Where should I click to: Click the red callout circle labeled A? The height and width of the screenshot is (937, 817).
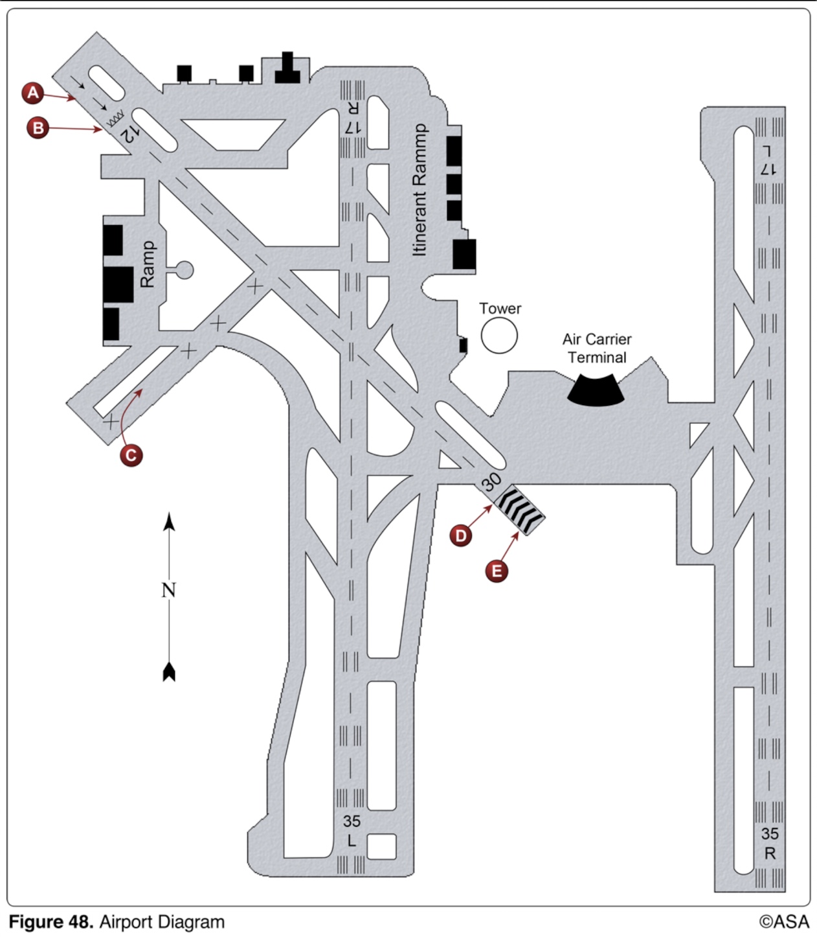point(32,93)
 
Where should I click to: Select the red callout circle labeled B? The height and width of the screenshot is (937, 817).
point(38,128)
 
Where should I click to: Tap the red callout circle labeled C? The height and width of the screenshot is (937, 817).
point(131,455)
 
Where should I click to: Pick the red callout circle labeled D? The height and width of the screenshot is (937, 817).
point(461,535)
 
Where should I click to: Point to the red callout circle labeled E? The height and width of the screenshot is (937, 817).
point(497,571)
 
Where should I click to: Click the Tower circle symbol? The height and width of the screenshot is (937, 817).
point(499,336)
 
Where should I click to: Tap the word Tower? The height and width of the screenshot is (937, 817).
point(500,308)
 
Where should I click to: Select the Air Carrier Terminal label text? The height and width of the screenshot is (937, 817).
point(596,348)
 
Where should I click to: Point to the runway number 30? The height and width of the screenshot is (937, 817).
point(491,481)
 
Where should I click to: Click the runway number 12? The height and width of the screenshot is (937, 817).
point(129,133)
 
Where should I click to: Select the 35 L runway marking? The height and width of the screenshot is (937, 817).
point(352,831)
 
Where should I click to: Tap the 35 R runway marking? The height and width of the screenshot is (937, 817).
point(770,843)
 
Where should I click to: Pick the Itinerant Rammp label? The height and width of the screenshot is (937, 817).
point(420,190)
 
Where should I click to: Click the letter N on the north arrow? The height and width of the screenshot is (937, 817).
point(169,590)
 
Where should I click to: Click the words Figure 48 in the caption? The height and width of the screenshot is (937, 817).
point(52,922)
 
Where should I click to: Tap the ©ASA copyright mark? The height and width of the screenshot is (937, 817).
point(784,921)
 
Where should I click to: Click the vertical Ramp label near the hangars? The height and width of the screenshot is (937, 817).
point(148,264)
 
